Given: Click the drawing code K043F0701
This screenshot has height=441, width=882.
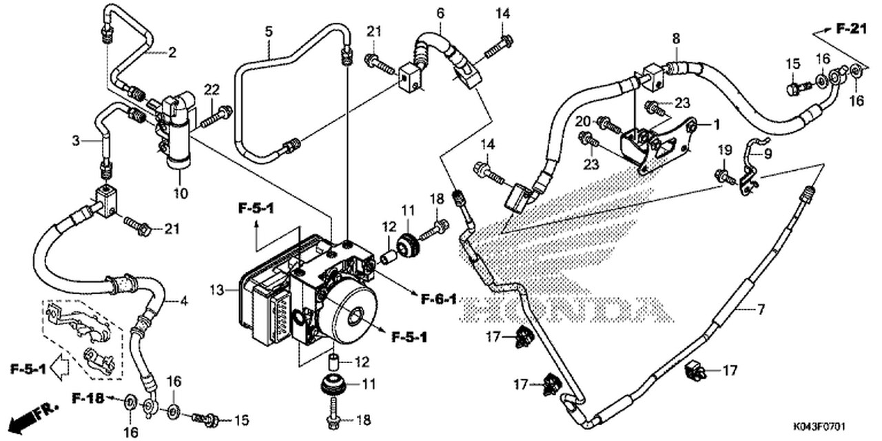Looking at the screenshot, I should (x=832, y=427).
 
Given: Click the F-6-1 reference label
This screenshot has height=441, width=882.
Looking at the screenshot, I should (x=439, y=298).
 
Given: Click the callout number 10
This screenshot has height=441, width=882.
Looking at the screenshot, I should (x=181, y=194).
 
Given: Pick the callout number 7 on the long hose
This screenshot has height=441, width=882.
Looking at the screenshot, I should (x=761, y=310).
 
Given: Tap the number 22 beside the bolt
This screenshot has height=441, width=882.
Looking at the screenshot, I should (x=212, y=88).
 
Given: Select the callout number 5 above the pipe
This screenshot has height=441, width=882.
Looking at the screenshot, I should (x=269, y=31).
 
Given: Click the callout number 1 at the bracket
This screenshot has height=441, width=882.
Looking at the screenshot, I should (x=717, y=125).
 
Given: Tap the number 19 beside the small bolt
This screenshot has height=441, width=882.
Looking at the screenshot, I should (x=724, y=150).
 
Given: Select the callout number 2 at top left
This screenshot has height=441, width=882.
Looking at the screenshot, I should (x=172, y=52).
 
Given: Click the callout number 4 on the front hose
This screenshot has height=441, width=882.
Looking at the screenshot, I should (x=184, y=301).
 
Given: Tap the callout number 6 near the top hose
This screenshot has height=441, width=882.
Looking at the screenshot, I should (x=440, y=12).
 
